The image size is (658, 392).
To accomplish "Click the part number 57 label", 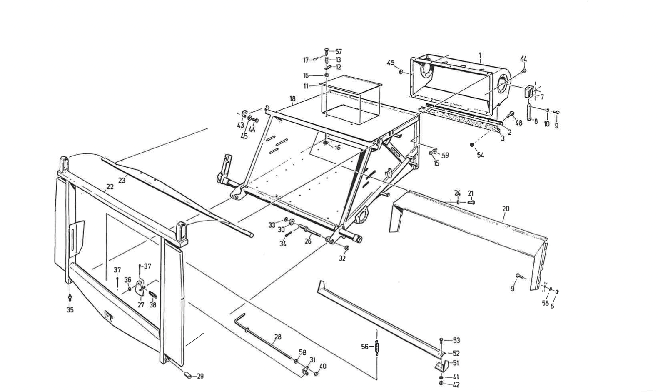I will coord(339,52).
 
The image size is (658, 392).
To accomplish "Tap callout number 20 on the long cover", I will coord(506,209).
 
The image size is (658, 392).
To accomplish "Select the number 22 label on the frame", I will coord(110,187).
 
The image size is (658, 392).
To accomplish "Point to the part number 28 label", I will coord(278,337).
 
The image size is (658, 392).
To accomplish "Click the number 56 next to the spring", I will coord(365,346).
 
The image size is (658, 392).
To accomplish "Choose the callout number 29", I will coord(200,376).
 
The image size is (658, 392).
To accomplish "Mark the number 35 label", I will coord(70,310).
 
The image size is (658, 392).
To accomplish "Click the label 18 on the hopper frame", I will coord(292,99).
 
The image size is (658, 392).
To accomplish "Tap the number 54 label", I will coord(481,155).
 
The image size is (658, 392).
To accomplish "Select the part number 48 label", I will coord(518,123).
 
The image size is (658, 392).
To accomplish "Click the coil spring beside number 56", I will coord(377,347).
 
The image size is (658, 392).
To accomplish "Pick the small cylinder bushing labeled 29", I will coord(188,375).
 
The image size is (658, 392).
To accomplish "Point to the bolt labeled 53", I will coord(441,341).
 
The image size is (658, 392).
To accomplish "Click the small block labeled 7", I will coord(529,92).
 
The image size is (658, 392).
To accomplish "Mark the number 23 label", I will coord(121,180).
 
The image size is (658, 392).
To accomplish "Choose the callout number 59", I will coord(445,155).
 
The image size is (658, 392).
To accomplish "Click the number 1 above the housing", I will coord(480,55).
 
